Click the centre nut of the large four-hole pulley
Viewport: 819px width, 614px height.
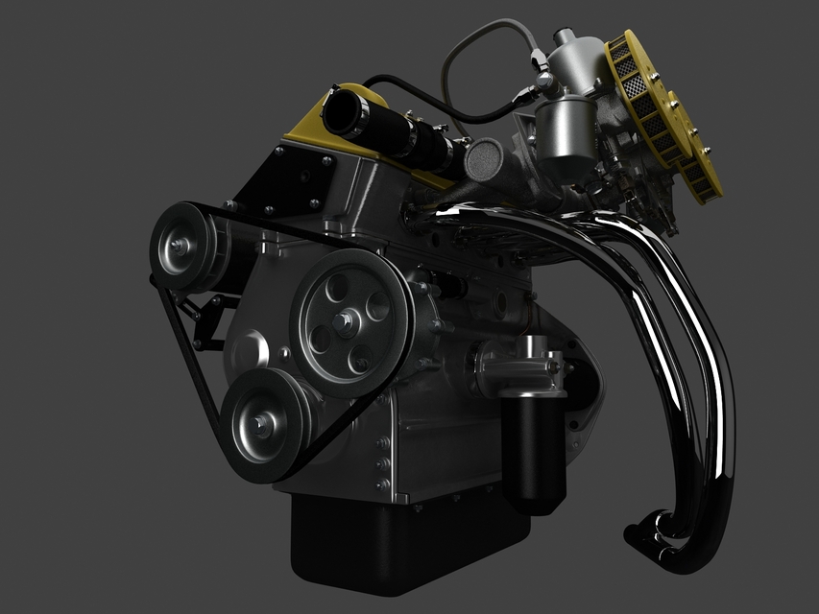pyautogui.click(x=342, y=320)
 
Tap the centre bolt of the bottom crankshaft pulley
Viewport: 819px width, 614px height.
pyautogui.click(x=260, y=421)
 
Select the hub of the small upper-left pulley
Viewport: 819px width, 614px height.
pyautogui.click(x=177, y=248)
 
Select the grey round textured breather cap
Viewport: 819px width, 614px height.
pyautogui.click(x=484, y=159)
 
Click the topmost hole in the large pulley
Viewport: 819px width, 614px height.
pyautogui.click(x=336, y=284)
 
